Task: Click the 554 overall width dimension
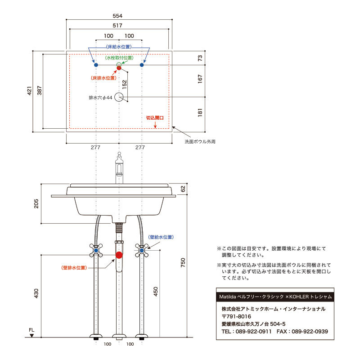click(119, 15)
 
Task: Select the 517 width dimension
click(119, 26)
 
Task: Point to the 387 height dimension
click(40, 91)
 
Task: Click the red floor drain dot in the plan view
click(119, 68)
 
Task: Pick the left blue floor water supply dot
click(95, 65)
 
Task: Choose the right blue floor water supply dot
click(142, 65)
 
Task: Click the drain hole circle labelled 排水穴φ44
click(119, 97)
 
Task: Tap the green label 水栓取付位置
click(119, 58)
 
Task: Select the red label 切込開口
click(154, 117)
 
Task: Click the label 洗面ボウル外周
click(200, 141)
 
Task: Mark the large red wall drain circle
click(119, 256)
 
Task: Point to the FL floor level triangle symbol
click(31, 336)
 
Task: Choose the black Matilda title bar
click(275, 297)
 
